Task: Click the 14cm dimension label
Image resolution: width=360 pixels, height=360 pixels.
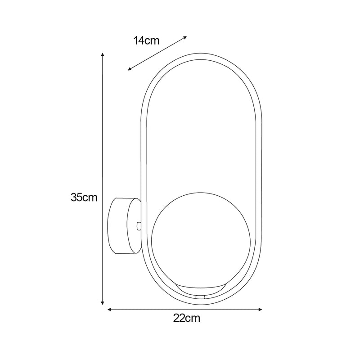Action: (146, 40)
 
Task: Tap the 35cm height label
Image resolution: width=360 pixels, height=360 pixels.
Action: (84, 197)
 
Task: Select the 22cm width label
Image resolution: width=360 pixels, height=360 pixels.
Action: (186, 319)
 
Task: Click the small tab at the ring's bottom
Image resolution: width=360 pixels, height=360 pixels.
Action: (200, 297)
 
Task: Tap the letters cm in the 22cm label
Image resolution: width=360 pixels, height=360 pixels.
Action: (193, 319)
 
